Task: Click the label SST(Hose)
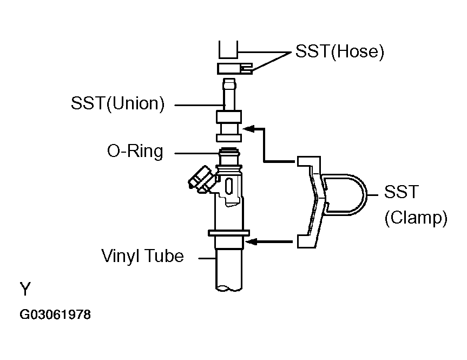coord(339,52)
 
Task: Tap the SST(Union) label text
coord(117,103)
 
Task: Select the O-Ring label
coord(135,152)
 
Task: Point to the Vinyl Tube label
coord(143,256)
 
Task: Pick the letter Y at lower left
coord(26,289)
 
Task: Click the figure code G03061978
coord(55,315)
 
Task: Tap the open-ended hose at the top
coord(228,50)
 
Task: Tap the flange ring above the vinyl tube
coord(228,233)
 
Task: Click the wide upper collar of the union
coord(228,117)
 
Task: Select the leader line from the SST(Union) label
coord(196,104)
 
